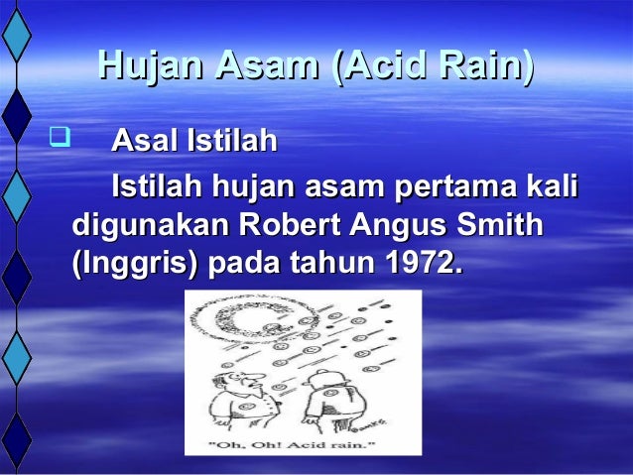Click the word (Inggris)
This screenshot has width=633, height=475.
tap(134, 265)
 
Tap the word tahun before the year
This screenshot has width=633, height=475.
tap(327, 265)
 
